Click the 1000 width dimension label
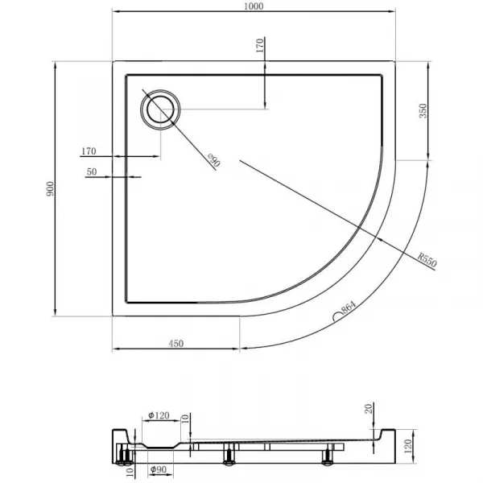[x=254, y=6]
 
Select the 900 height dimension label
[x=50, y=189]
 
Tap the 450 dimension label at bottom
[x=176, y=343]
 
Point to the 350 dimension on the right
[x=423, y=111]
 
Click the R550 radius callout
[x=427, y=260]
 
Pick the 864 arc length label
[x=349, y=308]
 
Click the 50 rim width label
[x=92, y=171]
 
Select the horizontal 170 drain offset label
[x=89, y=151]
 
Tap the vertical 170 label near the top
[x=260, y=45]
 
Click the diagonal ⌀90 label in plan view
[x=214, y=160]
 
